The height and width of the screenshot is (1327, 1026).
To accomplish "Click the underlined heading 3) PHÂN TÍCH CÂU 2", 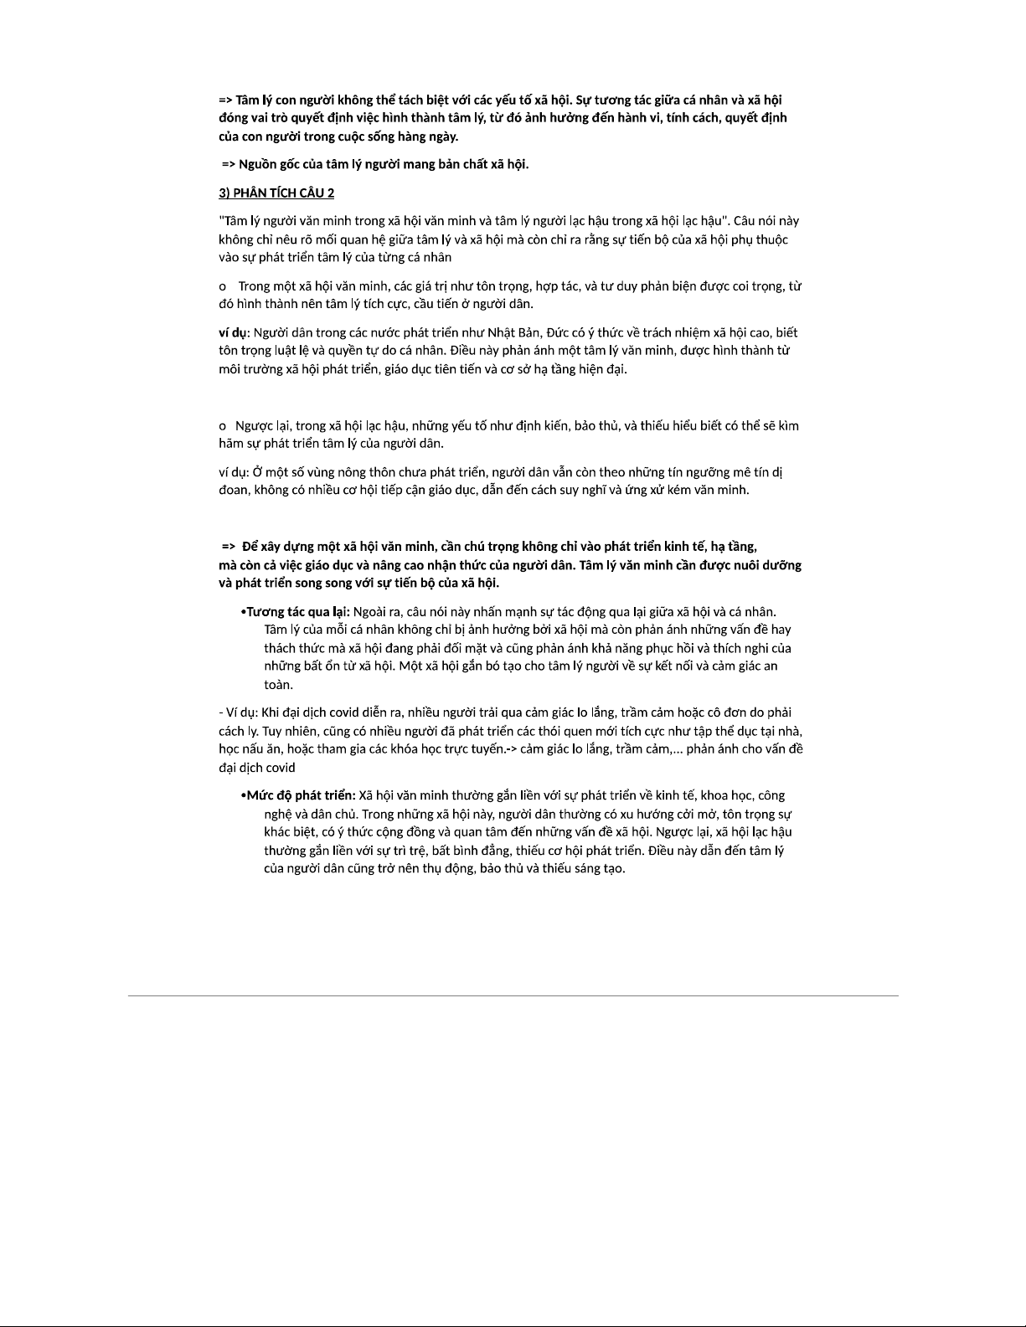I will (276, 193).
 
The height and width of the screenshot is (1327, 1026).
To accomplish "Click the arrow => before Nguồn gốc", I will (229, 164).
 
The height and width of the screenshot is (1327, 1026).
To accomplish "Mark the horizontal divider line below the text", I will (513, 995).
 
